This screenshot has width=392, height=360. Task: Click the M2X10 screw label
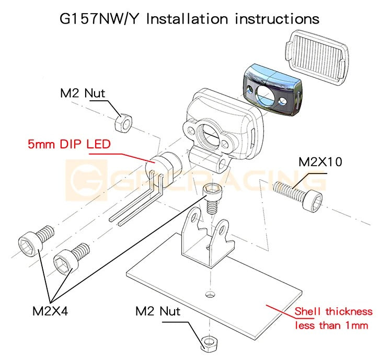coord(320,162)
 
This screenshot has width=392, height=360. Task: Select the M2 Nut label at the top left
coord(82,94)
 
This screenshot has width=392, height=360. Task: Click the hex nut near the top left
coord(123,123)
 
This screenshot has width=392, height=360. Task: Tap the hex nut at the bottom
coord(209,342)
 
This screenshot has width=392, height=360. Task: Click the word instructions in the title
coord(277,19)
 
